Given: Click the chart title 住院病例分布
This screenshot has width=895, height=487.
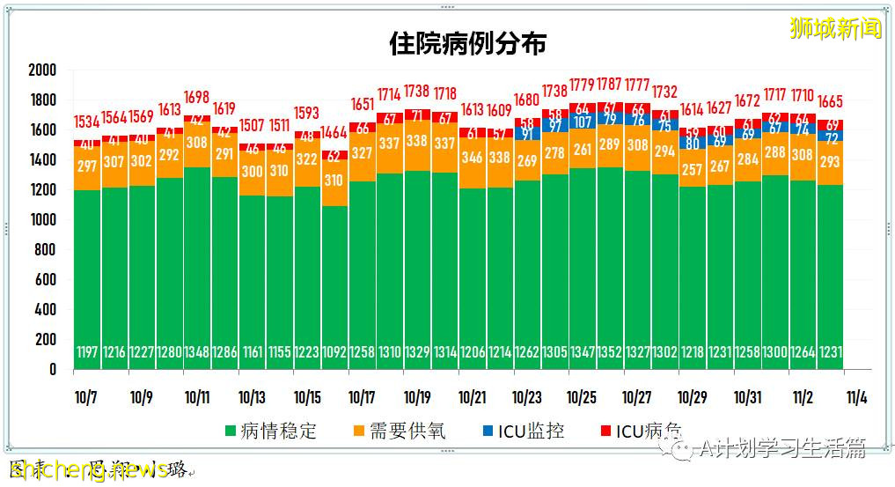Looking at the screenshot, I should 467,44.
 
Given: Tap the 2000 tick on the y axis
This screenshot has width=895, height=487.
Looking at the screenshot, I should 41,70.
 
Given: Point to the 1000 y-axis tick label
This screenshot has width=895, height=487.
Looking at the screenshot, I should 41,220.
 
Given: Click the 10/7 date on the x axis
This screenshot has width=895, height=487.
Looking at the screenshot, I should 86,396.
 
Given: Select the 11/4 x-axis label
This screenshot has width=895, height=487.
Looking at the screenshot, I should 855,396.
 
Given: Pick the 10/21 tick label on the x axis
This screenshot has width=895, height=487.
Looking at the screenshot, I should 473,396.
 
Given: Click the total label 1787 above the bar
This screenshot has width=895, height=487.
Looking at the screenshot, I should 609,85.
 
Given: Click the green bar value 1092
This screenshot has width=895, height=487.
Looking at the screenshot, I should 334,353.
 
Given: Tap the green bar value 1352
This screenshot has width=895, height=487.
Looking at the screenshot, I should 609,353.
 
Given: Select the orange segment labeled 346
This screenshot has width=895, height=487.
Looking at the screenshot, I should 473,159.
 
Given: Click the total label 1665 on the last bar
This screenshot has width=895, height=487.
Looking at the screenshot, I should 831,101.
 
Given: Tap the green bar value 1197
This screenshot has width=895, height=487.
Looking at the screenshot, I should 86,353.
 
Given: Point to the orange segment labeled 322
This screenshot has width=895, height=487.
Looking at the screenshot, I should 306,160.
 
